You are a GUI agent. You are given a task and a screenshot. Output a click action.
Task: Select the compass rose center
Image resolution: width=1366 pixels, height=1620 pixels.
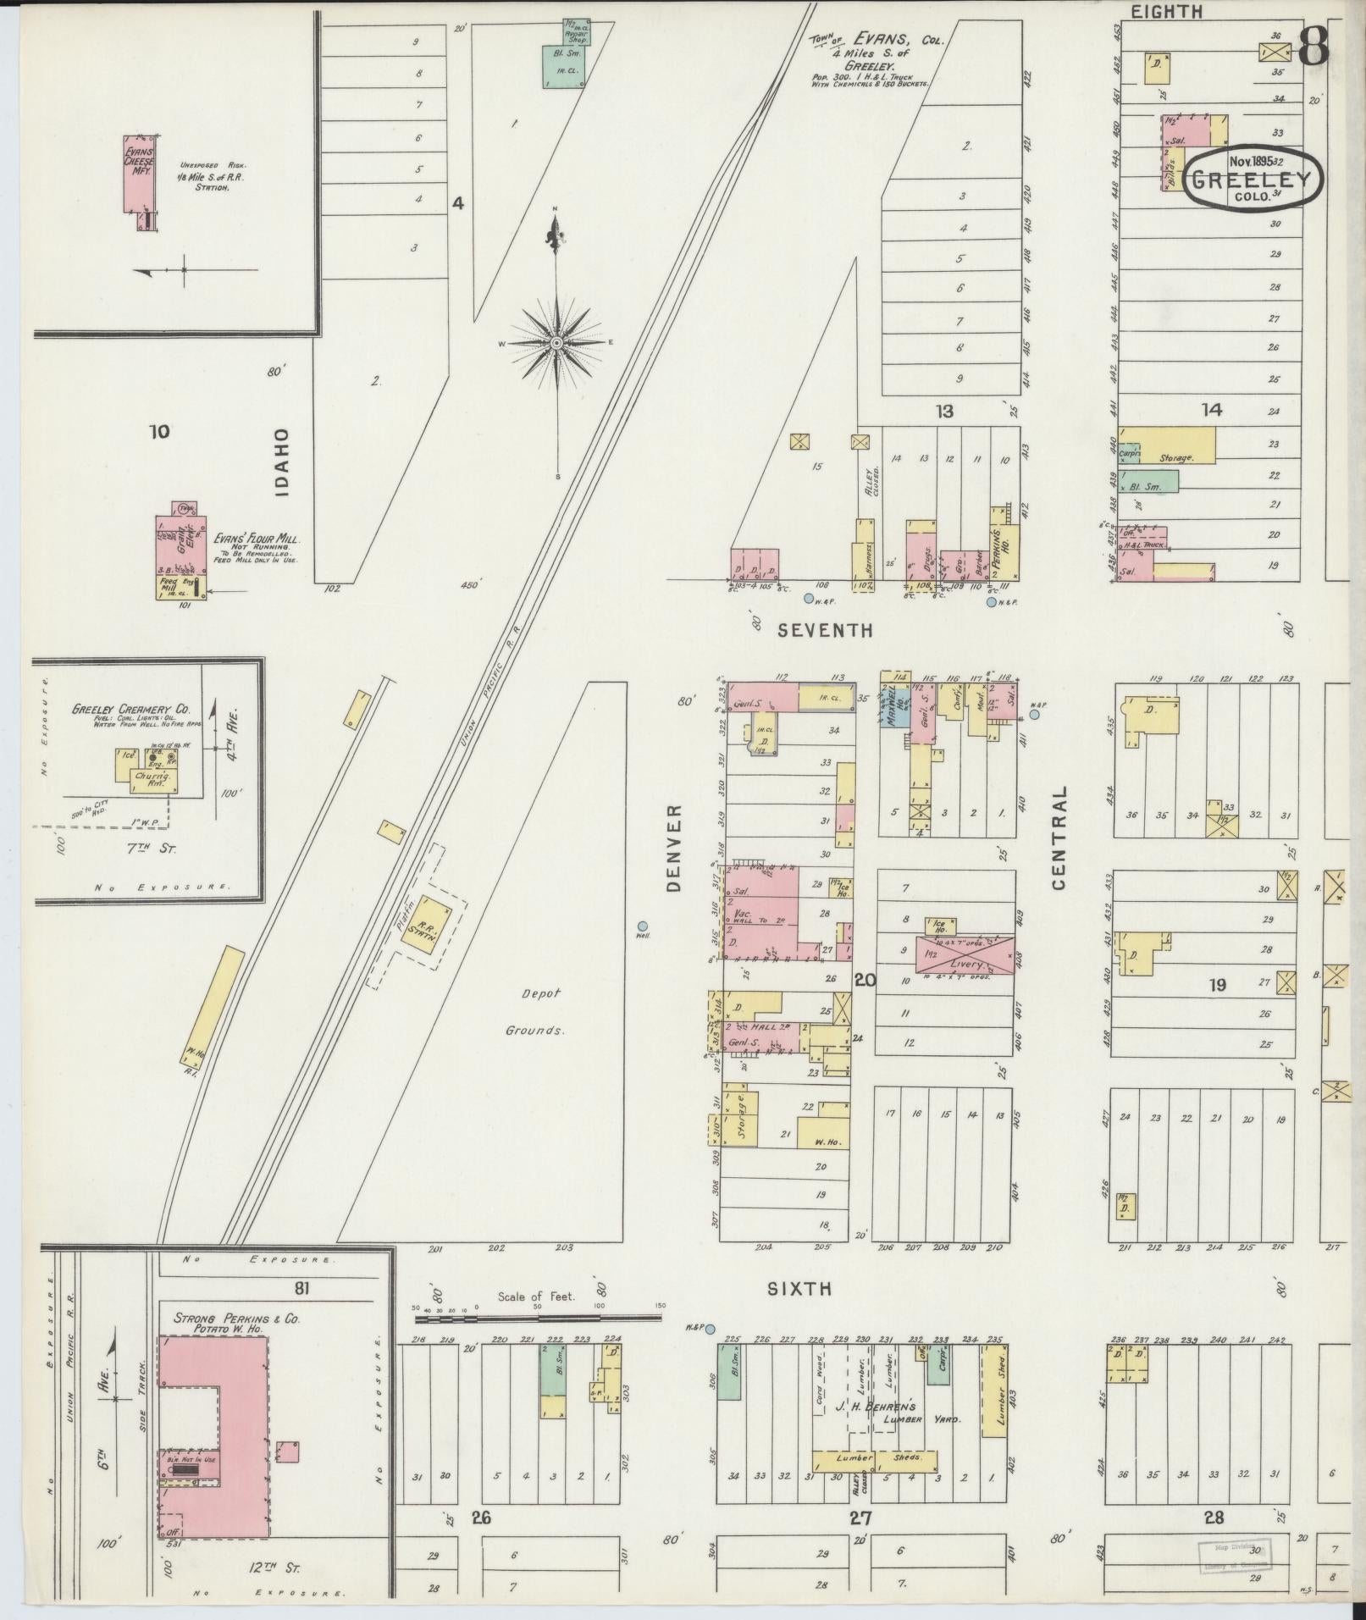click(556, 343)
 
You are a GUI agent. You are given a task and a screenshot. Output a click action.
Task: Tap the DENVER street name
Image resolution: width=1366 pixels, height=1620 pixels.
click(674, 848)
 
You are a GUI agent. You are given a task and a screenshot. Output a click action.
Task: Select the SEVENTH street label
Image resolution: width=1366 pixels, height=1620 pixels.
click(825, 630)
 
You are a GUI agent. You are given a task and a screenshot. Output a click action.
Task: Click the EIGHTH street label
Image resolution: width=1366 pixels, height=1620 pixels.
click(1166, 12)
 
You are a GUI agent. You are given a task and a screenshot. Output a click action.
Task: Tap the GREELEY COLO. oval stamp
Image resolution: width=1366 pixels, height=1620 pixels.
click(1253, 179)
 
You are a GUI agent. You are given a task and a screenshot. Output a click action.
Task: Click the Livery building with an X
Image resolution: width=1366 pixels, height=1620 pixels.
click(964, 954)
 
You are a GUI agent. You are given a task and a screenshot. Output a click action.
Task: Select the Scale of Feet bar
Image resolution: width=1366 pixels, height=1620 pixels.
click(539, 1330)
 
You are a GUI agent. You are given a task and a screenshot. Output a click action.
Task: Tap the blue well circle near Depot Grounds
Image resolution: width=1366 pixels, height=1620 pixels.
click(643, 925)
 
